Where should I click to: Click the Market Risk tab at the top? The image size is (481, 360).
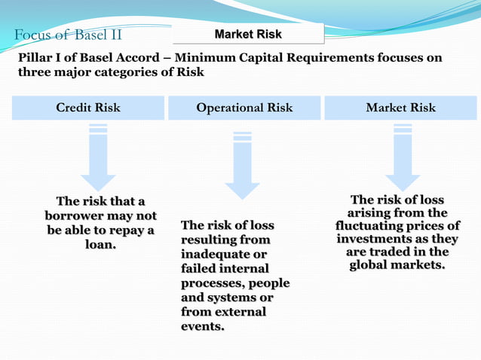[x=248, y=34]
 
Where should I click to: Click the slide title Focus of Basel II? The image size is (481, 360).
[x=68, y=35]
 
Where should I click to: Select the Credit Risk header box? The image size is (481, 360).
[x=88, y=108]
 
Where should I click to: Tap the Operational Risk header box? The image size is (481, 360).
[x=244, y=108]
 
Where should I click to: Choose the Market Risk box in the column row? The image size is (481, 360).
[x=400, y=108]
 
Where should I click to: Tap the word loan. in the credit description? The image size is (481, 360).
[x=100, y=245]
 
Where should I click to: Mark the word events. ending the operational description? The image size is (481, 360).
[x=203, y=326]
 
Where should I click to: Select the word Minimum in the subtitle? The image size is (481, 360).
[x=225, y=58]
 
